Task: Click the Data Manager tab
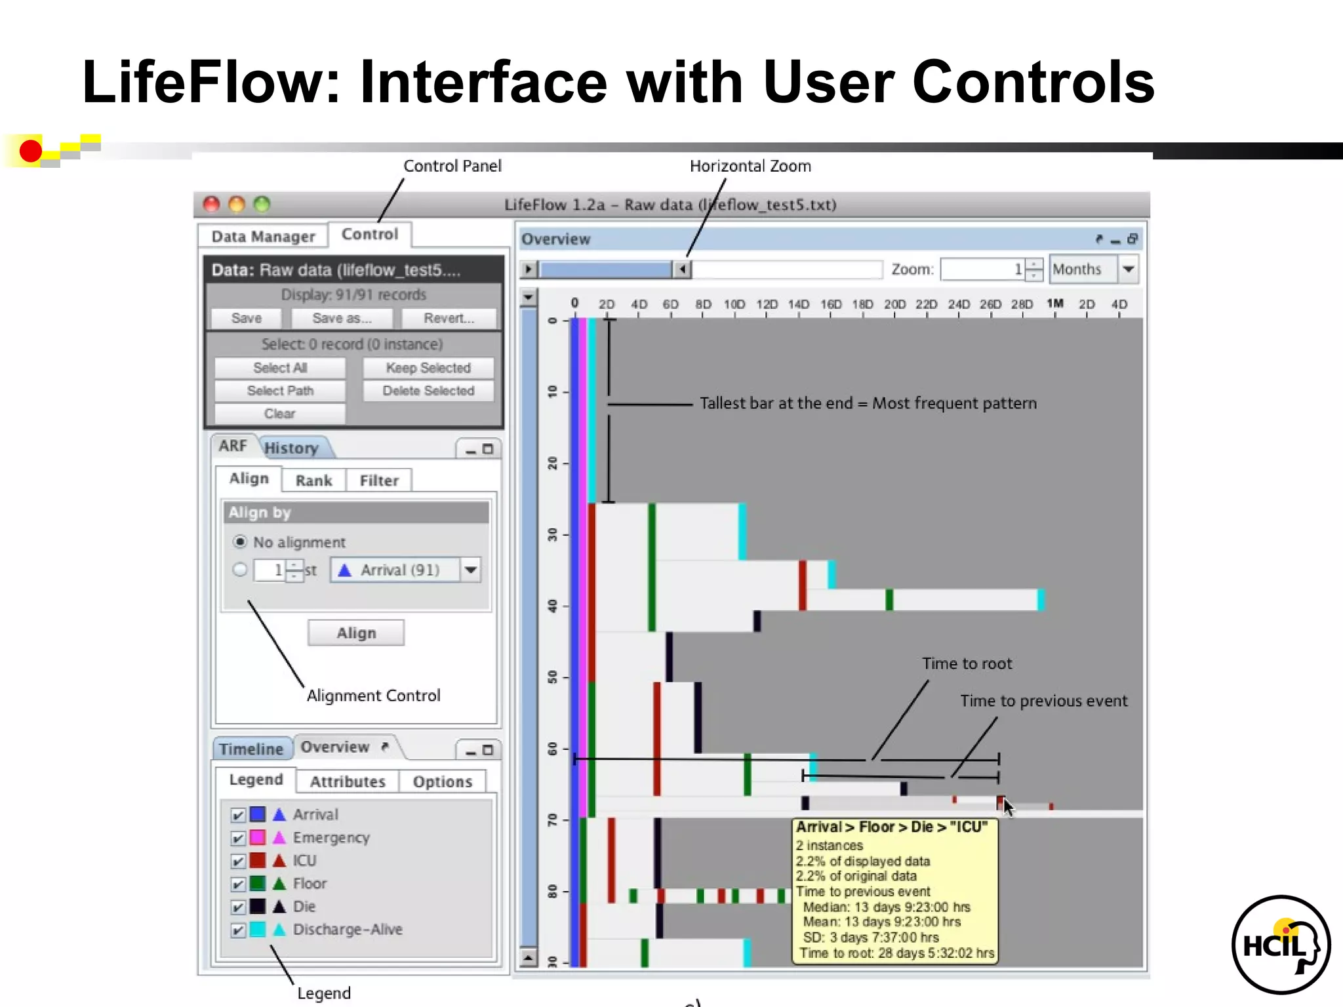(x=263, y=236)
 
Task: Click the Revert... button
(x=449, y=319)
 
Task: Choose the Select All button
(x=280, y=368)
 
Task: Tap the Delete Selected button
(x=428, y=391)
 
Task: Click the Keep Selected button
(x=428, y=368)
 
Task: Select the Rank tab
(x=313, y=481)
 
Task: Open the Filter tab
(x=379, y=481)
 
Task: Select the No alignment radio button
(x=240, y=542)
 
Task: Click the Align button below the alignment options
(x=356, y=633)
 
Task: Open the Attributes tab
(x=348, y=781)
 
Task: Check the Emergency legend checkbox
(x=238, y=839)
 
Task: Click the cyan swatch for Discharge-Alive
(x=258, y=930)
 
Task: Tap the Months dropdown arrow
(x=1129, y=269)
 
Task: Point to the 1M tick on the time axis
(x=1055, y=304)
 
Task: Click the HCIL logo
(x=1280, y=945)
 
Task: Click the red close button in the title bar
(x=211, y=205)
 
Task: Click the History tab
(x=292, y=448)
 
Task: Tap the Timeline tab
(x=251, y=749)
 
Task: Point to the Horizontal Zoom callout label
(x=750, y=167)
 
